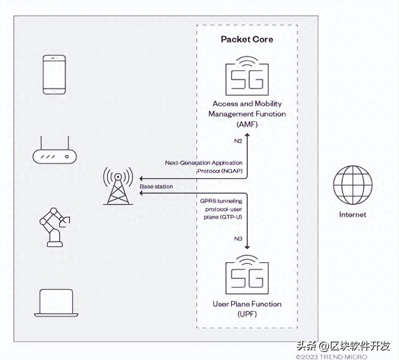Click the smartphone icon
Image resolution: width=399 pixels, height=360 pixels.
pos(54,75)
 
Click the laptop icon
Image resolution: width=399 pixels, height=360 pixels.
pos(56,303)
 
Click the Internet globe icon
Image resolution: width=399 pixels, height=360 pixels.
pos(353,185)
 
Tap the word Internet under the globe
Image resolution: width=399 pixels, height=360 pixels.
pos(353,215)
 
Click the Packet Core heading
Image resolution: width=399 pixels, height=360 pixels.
pos(247,39)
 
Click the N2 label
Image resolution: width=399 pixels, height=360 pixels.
pos(238,141)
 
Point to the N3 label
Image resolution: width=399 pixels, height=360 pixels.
pos(238,239)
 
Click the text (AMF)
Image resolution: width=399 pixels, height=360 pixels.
pos(247,124)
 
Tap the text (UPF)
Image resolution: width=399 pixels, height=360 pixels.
pos(247,314)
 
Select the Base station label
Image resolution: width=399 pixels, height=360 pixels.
pos(156,186)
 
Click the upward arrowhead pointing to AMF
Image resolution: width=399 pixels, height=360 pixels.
pos(247,133)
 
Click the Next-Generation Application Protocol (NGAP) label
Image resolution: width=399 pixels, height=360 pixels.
pos(204,167)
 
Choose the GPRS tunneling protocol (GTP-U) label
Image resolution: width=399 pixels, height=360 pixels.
pos(221,209)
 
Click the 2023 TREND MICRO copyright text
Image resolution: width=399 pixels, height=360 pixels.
pos(332,356)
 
